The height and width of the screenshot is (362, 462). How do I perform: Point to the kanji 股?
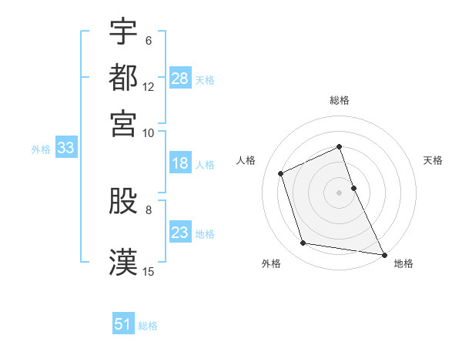click(123, 201)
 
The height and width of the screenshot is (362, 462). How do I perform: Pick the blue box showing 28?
click(180, 78)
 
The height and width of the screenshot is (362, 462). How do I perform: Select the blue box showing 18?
click(180, 163)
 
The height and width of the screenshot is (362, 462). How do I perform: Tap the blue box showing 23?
click(180, 233)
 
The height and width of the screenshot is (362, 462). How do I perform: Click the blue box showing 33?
click(65, 148)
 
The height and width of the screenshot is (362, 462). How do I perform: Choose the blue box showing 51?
click(123, 324)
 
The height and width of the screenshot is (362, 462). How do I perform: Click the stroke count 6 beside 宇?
click(148, 41)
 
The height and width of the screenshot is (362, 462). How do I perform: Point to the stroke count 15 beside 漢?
click(149, 271)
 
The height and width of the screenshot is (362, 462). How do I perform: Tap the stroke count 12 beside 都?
click(149, 86)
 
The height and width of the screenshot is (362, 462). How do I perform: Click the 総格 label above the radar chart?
click(339, 100)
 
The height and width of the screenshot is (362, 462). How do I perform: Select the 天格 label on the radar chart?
click(433, 160)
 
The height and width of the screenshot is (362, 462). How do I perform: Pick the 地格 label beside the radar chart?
click(403, 263)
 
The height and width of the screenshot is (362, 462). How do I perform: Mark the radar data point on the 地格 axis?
click(383, 254)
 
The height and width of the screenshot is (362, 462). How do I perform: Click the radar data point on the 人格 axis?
click(281, 173)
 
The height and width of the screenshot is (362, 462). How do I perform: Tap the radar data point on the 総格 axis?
click(339, 146)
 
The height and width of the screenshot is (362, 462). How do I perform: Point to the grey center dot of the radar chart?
click(339, 192)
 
